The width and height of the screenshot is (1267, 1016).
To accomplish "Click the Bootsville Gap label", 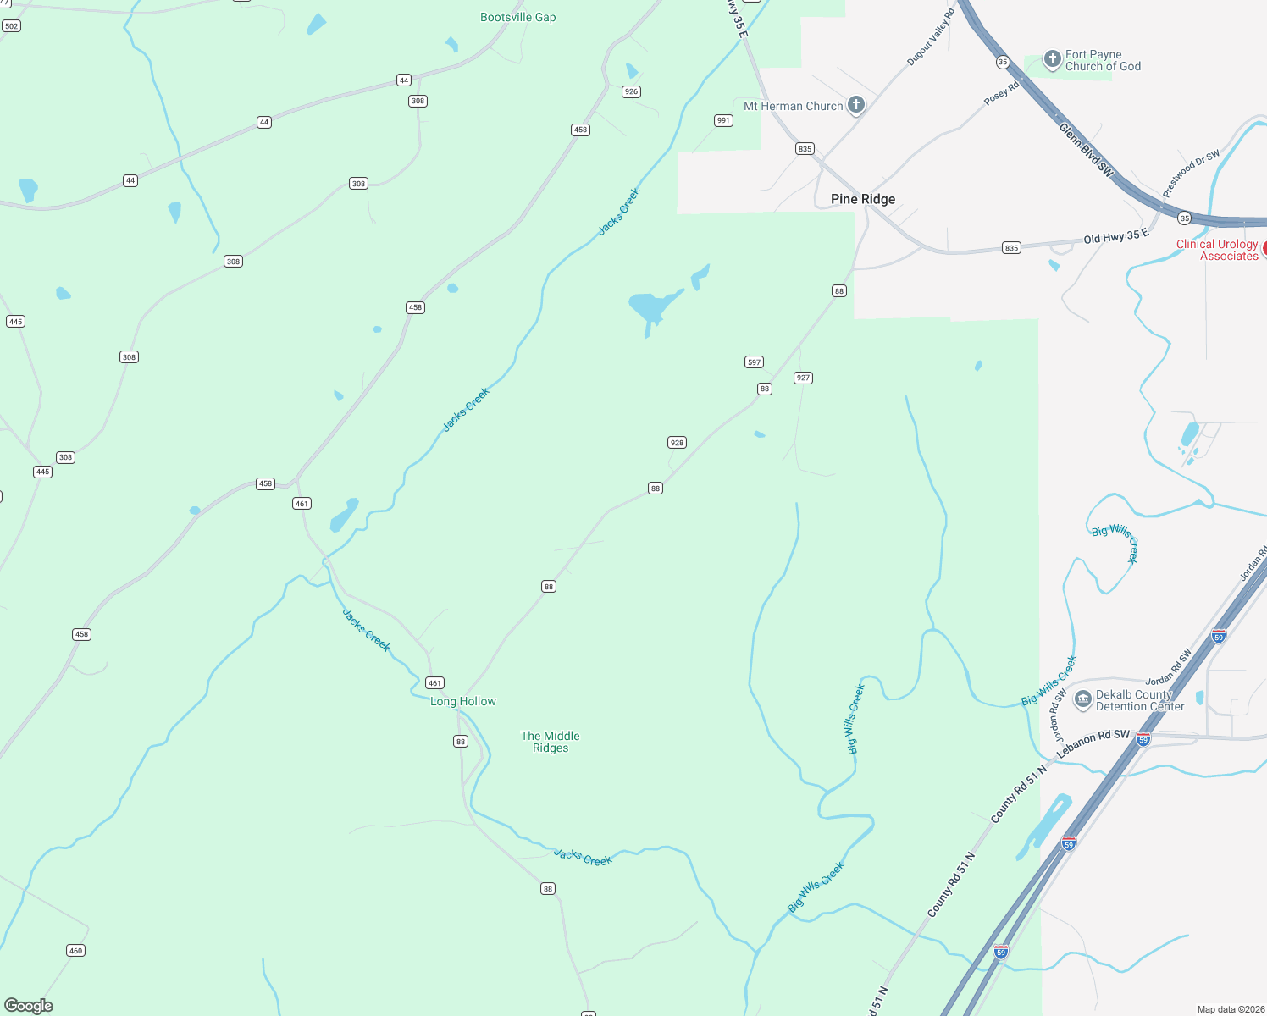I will (517, 17).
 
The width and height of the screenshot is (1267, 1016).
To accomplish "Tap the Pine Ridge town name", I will (862, 199).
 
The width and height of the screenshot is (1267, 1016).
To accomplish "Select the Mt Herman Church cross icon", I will (856, 105).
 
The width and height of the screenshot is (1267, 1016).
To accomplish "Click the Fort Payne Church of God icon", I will (1052, 59).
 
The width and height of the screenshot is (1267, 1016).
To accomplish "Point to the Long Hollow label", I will (462, 701).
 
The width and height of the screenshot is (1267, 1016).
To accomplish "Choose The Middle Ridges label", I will (551, 742).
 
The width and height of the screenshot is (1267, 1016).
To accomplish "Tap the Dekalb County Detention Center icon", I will (1082, 699).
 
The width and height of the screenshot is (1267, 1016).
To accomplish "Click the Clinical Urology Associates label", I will (1217, 250).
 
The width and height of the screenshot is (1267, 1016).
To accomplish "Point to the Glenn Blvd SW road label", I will (1086, 149).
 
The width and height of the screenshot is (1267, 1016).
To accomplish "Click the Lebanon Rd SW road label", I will (1093, 743).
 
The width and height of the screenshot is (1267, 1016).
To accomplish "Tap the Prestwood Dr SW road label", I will (1191, 174).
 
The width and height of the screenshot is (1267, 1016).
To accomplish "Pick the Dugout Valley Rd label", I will (931, 37).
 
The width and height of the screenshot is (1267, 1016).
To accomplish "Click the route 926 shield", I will (631, 91).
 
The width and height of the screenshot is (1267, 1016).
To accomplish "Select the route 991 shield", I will (723, 120).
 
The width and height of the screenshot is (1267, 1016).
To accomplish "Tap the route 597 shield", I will (754, 362).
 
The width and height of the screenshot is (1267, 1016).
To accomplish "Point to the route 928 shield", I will (677, 442).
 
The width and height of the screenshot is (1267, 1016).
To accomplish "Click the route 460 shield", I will (76, 950).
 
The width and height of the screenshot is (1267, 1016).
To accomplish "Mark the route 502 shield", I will (11, 26).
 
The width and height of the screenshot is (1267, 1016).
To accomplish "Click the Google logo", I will (29, 1005).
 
